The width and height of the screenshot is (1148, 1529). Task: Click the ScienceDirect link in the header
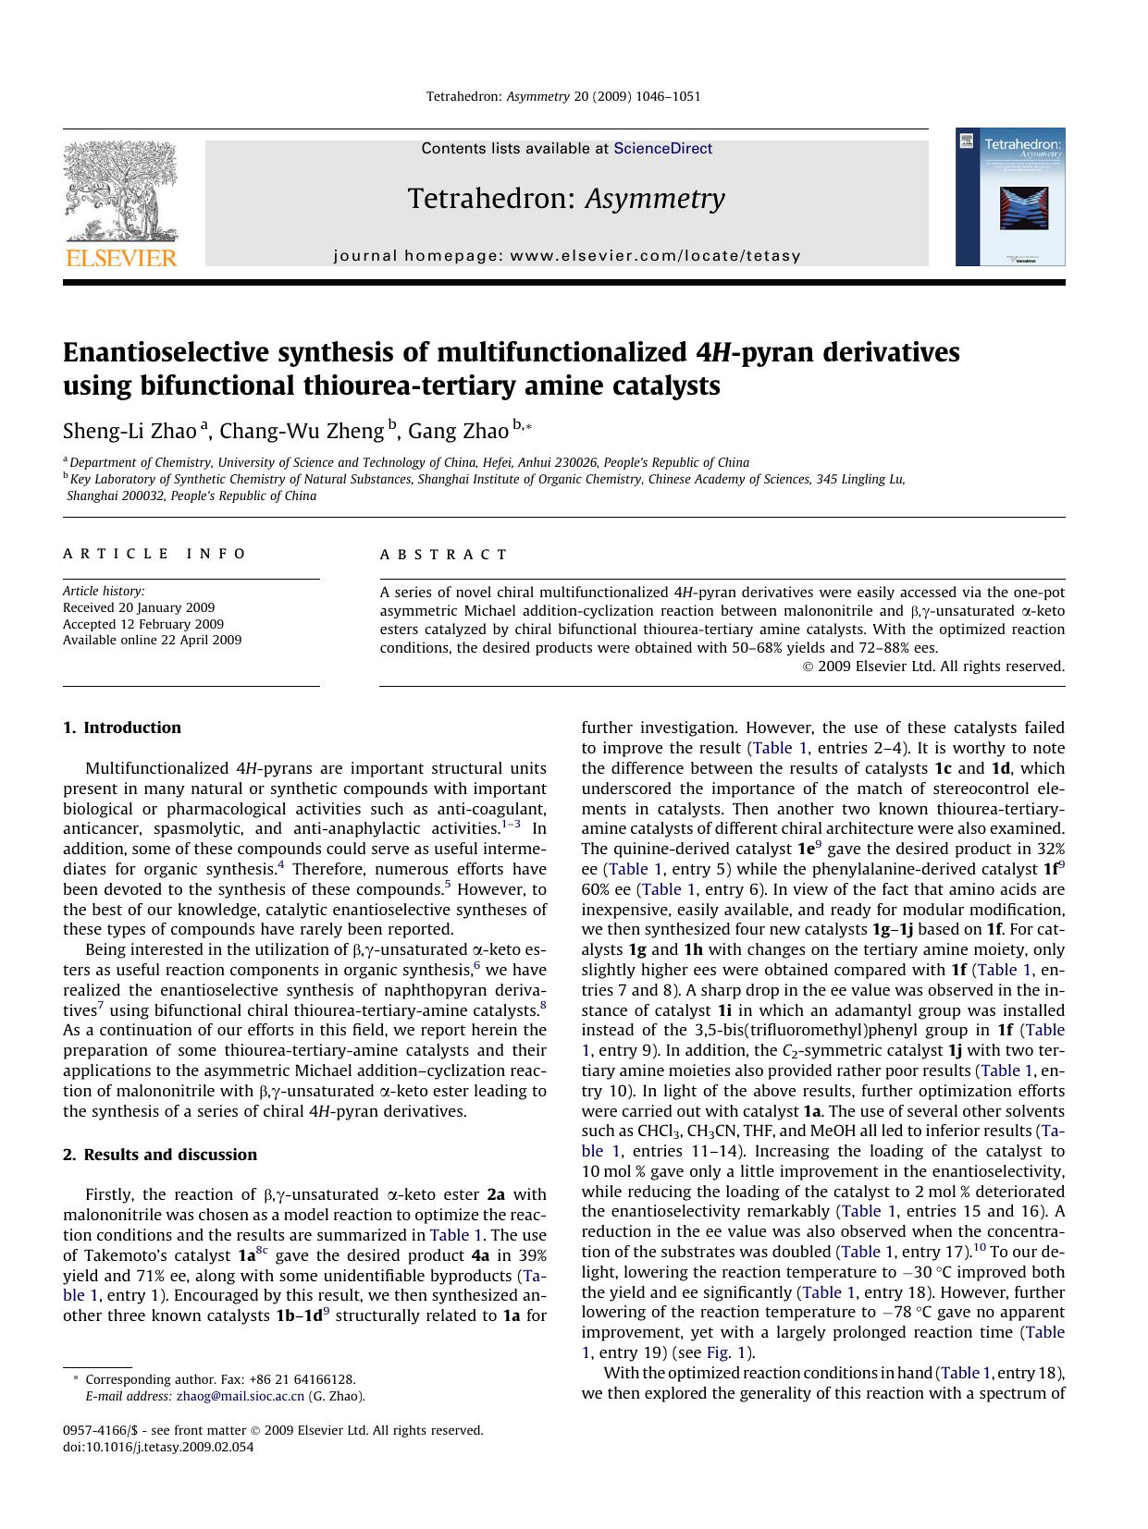pyautogui.click(x=662, y=148)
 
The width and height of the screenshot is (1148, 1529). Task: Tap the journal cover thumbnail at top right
pyautogui.click(x=1009, y=197)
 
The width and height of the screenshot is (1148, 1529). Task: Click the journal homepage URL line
pyautogui.click(x=566, y=256)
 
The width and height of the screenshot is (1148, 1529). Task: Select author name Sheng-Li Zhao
pyautogui.click(x=130, y=431)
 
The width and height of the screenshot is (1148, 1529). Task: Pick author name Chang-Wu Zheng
pyautogui.click(x=301, y=431)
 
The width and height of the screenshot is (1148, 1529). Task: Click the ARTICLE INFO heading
pyautogui.click(x=154, y=554)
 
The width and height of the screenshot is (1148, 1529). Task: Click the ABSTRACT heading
pyautogui.click(x=443, y=555)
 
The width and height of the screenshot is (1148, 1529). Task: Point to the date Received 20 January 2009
pyautogui.click(x=139, y=607)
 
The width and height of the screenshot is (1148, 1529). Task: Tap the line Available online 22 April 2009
pyautogui.click(x=152, y=640)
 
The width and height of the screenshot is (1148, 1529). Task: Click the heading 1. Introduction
pyautogui.click(x=122, y=728)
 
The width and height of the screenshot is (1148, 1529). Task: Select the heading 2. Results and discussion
pyautogui.click(x=160, y=1155)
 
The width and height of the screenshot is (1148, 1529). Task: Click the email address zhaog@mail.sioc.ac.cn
pyautogui.click(x=240, y=1397)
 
